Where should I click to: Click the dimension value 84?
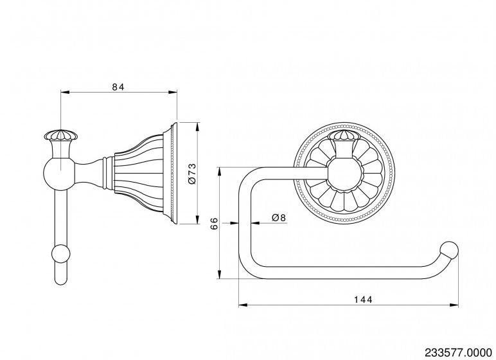[x=118, y=85]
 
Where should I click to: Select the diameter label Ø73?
[x=191, y=174]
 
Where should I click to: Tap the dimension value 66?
[x=215, y=223]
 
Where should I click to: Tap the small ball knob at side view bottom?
[x=62, y=254]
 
